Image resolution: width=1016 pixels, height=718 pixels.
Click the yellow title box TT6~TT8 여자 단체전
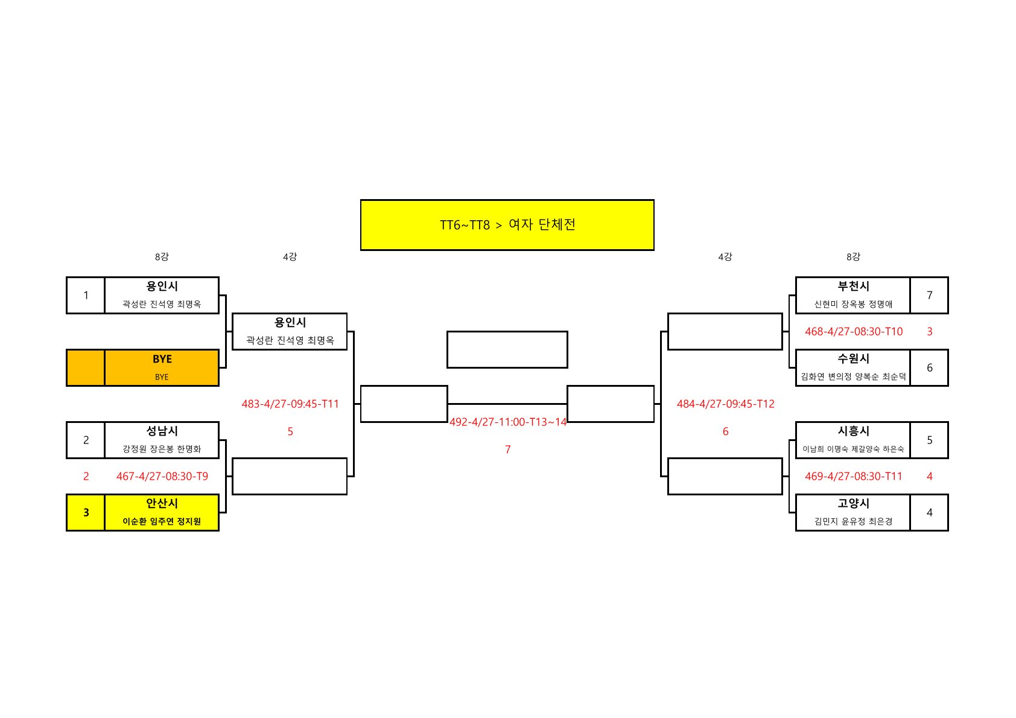[507, 225]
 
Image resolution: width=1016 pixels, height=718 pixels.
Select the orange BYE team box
[162, 367]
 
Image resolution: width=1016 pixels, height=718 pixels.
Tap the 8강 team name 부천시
[853, 287]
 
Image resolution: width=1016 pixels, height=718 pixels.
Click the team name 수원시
[853, 359]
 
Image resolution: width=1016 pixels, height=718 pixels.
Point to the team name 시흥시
[853, 431]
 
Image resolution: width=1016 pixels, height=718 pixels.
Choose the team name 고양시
[853, 504]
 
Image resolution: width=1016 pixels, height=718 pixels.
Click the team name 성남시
[162, 431]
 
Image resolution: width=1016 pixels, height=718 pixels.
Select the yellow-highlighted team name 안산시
[162, 504]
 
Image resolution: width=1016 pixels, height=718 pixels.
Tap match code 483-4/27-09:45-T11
[290, 404]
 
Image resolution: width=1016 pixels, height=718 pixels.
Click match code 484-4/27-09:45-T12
[725, 404]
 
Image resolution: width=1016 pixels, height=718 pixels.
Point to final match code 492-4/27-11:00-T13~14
[508, 422]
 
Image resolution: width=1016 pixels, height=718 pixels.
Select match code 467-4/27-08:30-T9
[162, 477]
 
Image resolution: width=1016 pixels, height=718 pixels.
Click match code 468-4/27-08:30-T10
[853, 332]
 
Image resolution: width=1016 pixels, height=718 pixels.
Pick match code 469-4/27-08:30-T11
[853, 477]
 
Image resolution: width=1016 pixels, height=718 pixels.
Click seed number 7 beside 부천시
[929, 296]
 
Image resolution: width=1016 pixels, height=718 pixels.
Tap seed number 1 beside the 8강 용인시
[86, 296]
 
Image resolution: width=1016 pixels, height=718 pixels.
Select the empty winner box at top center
[507, 349]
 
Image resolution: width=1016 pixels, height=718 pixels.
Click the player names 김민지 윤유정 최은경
[853, 521]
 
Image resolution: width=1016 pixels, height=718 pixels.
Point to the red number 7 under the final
[508, 450]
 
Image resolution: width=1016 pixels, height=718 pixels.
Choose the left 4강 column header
[290, 257]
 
